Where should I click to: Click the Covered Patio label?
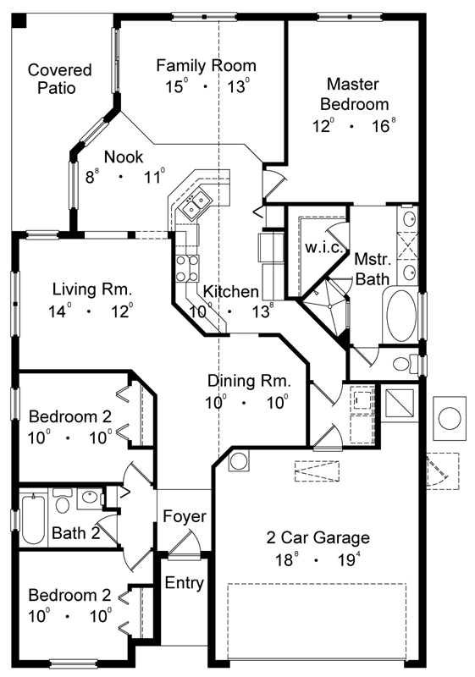point(58,79)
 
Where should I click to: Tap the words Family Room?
point(206,65)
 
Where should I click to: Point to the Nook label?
point(124,157)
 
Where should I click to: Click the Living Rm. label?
point(91,290)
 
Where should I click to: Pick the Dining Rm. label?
point(249,381)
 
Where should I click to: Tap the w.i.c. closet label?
point(322,246)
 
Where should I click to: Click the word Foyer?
point(185,516)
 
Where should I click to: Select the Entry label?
point(184,583)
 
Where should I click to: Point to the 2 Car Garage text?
point(318,537)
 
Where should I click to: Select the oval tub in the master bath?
point(401,316)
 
